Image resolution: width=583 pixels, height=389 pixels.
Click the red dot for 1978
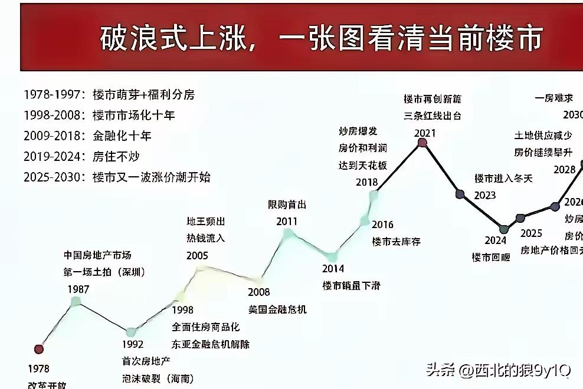pos(39,349)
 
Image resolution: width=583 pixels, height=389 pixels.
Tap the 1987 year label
pos(78,289)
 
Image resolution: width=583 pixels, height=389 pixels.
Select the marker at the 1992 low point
pos(131,332)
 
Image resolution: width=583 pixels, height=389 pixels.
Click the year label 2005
pos(197,256)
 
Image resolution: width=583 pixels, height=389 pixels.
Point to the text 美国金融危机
pos(277,309)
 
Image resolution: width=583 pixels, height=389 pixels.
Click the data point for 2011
pos(287,233)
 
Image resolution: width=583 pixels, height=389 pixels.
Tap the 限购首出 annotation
pos(287,205)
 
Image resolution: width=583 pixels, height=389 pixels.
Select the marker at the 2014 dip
pos(332,256)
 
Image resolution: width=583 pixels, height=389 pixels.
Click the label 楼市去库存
pos(396,241)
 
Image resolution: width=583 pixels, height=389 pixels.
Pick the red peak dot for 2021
pos(422,142)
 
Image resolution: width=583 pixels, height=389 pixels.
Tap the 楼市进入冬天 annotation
pos(503,178)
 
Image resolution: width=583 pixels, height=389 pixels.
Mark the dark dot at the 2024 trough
pos(503,229)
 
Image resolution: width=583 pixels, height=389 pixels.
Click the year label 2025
pos(531,233)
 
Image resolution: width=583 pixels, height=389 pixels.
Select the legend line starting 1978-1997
pos(109,94)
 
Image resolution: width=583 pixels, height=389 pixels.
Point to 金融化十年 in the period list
pos(122,136)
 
